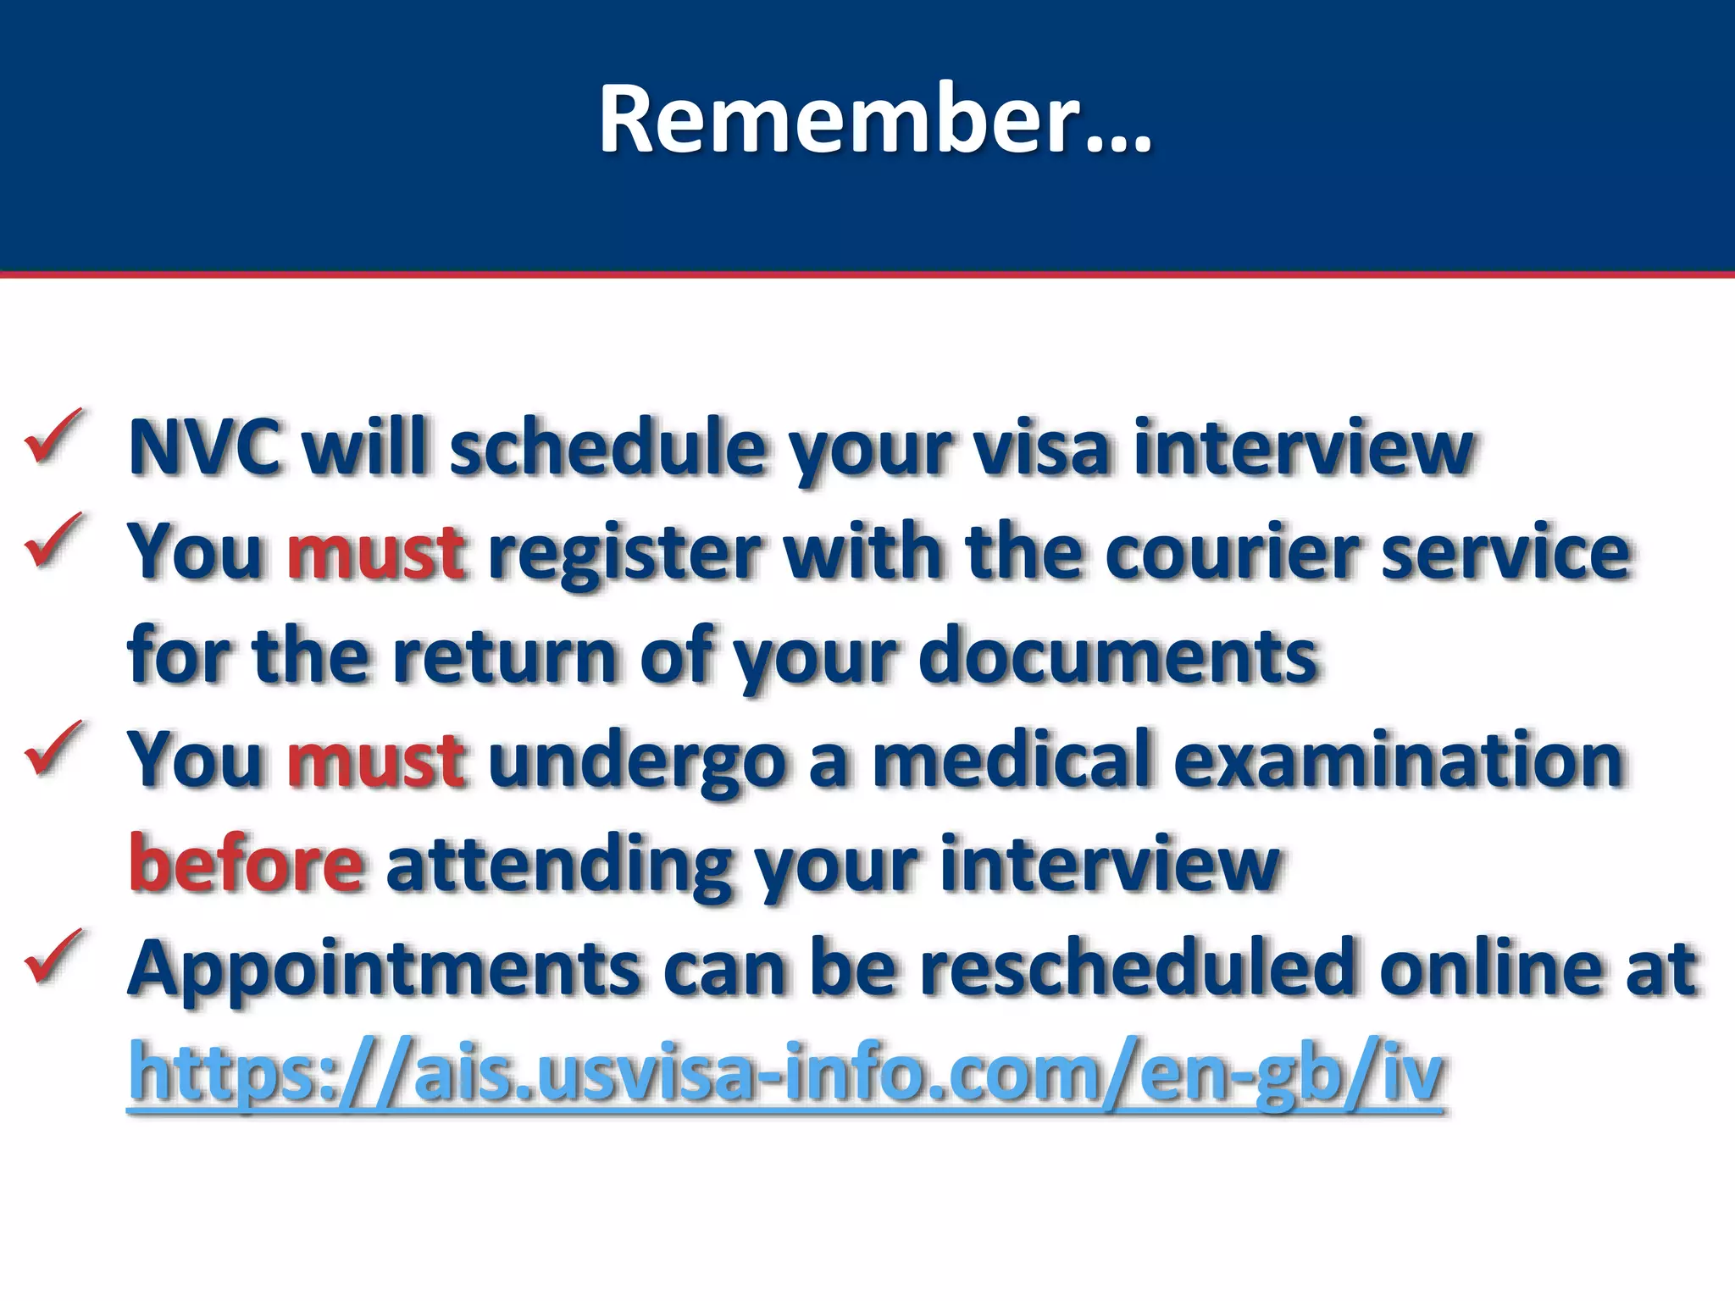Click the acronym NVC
click(204, 447)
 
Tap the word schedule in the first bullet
click(607, 447)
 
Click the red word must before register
click(375, 552)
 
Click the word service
click(1505, 552)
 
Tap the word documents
click(1118, 656)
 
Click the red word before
click(247, 864)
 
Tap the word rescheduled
click(1139, 968)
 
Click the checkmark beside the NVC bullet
click(53, 435)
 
